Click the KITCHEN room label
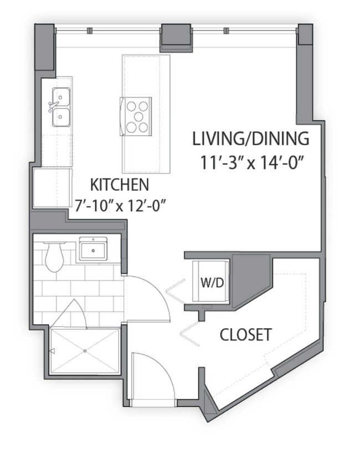pyautogui.click(x=120, y=185)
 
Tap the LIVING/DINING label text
pyautogui.click(x=250, y=139)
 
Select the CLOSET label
pyautogui.click(x=245, y=334)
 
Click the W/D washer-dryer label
pyautogui.click(x=212, y=283)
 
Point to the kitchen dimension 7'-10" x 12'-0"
pyautogui.click(x=121, y=205)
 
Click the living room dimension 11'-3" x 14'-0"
pyautogui.click(x=251, y=162)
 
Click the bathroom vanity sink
pyautogui.click(x=93, y=249)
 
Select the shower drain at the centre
pyautogui.click(x=85, y=351)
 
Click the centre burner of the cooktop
pyautogui.click(x=138, y=116)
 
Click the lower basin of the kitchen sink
pyautogui.click(x=61, y=117)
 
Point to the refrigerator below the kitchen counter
pyautogui.click(x=53, y=188)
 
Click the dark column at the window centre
pyautogui.click(x=176, y=38)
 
